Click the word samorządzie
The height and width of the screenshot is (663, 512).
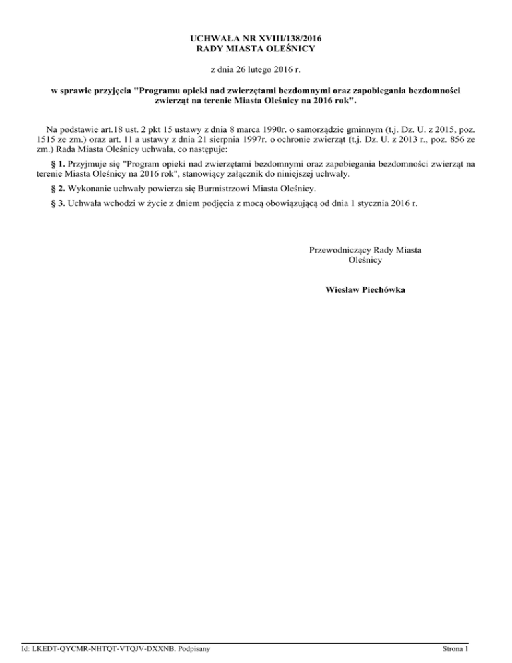[323, 129]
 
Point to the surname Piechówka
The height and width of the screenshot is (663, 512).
[385, 290]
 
